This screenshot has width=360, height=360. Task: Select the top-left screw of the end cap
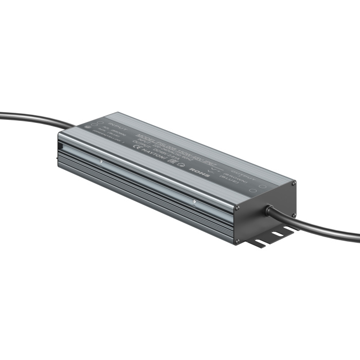pyautogui.click(x=238, y=208)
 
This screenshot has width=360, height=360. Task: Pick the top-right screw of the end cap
pyautogui.click(x=294, y=183)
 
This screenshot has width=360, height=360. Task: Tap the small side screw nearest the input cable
pyautogui.click(x=102, y=163)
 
